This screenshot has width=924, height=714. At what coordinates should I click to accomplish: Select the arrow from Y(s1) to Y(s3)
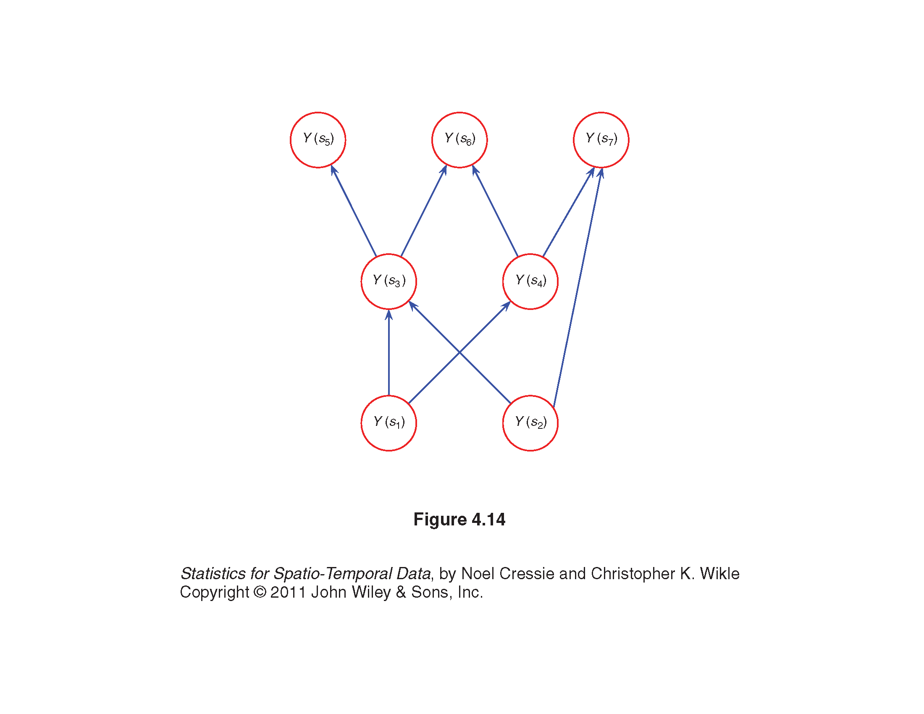389,352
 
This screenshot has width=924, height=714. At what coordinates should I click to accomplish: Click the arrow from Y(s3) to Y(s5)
353,211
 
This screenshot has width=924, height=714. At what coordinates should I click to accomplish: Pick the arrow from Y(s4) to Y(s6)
495,211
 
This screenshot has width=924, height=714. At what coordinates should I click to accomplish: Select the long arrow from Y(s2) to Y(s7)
577,287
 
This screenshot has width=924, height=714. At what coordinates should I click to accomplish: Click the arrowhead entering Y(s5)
334,170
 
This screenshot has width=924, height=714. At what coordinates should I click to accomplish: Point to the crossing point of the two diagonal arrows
459,352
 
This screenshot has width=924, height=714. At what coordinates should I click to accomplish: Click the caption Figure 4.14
459,520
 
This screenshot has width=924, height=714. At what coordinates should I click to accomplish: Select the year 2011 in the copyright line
288,592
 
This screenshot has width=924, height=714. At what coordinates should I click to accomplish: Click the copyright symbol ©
260,592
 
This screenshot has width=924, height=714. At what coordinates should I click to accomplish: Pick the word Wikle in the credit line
719,574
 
